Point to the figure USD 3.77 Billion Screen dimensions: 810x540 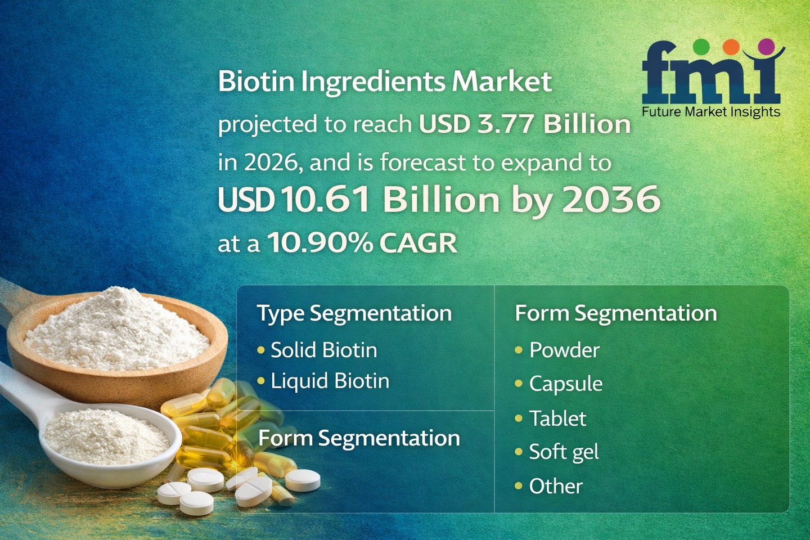point(525,124)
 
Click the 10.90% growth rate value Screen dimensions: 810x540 point(321,242)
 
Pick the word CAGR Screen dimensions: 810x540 point(418,242)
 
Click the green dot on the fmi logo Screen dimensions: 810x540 point(701,47)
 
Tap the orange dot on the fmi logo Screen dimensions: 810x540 point(731,47)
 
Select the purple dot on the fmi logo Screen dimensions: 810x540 point(766,46)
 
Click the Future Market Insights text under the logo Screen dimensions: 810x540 point(711,112)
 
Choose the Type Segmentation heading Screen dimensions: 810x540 point(354,313)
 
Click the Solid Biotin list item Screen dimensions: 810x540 point(324,350)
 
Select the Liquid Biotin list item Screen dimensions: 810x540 point(330,381)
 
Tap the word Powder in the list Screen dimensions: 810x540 point(565,350)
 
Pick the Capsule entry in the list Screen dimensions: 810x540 point(566,384)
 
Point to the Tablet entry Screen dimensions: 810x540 point(557,418)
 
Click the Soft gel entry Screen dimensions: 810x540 point(564,452)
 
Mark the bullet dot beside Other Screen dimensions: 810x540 point(519,485)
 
